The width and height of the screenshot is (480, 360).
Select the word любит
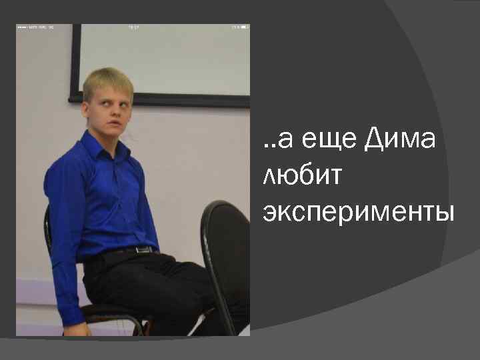(x=302, y=176)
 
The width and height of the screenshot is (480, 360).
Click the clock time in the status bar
(x=133, y=28)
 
